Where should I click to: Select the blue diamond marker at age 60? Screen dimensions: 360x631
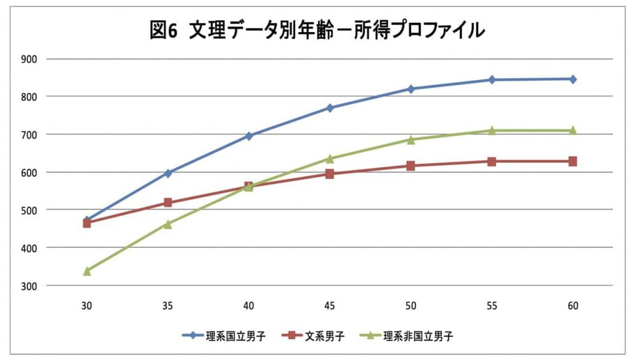coord(573,79)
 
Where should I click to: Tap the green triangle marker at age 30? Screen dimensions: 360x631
coord(87,271)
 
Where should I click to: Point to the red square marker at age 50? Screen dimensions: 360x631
coord(411,165)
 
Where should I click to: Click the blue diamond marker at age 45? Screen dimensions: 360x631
coord(330,108)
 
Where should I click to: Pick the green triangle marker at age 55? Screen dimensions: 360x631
coord(492,130)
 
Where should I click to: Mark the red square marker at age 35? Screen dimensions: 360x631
coord(168,202)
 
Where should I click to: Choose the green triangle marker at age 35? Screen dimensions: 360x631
coord(168,224)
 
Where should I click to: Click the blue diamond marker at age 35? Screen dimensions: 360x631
coord(168,173)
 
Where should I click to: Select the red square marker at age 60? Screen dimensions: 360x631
coord(573,161)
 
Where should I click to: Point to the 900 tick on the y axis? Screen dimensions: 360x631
coord(29,59)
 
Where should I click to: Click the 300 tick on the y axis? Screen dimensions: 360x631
coord(29,285)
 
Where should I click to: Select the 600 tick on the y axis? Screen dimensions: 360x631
coord(29,172)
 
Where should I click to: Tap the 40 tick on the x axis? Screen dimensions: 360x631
coord(249,306)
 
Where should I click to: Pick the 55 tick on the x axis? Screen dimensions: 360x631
coord(492,306)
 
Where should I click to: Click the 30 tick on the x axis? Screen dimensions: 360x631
coord(87,306)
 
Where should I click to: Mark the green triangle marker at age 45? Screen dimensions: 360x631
coord(330,158)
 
